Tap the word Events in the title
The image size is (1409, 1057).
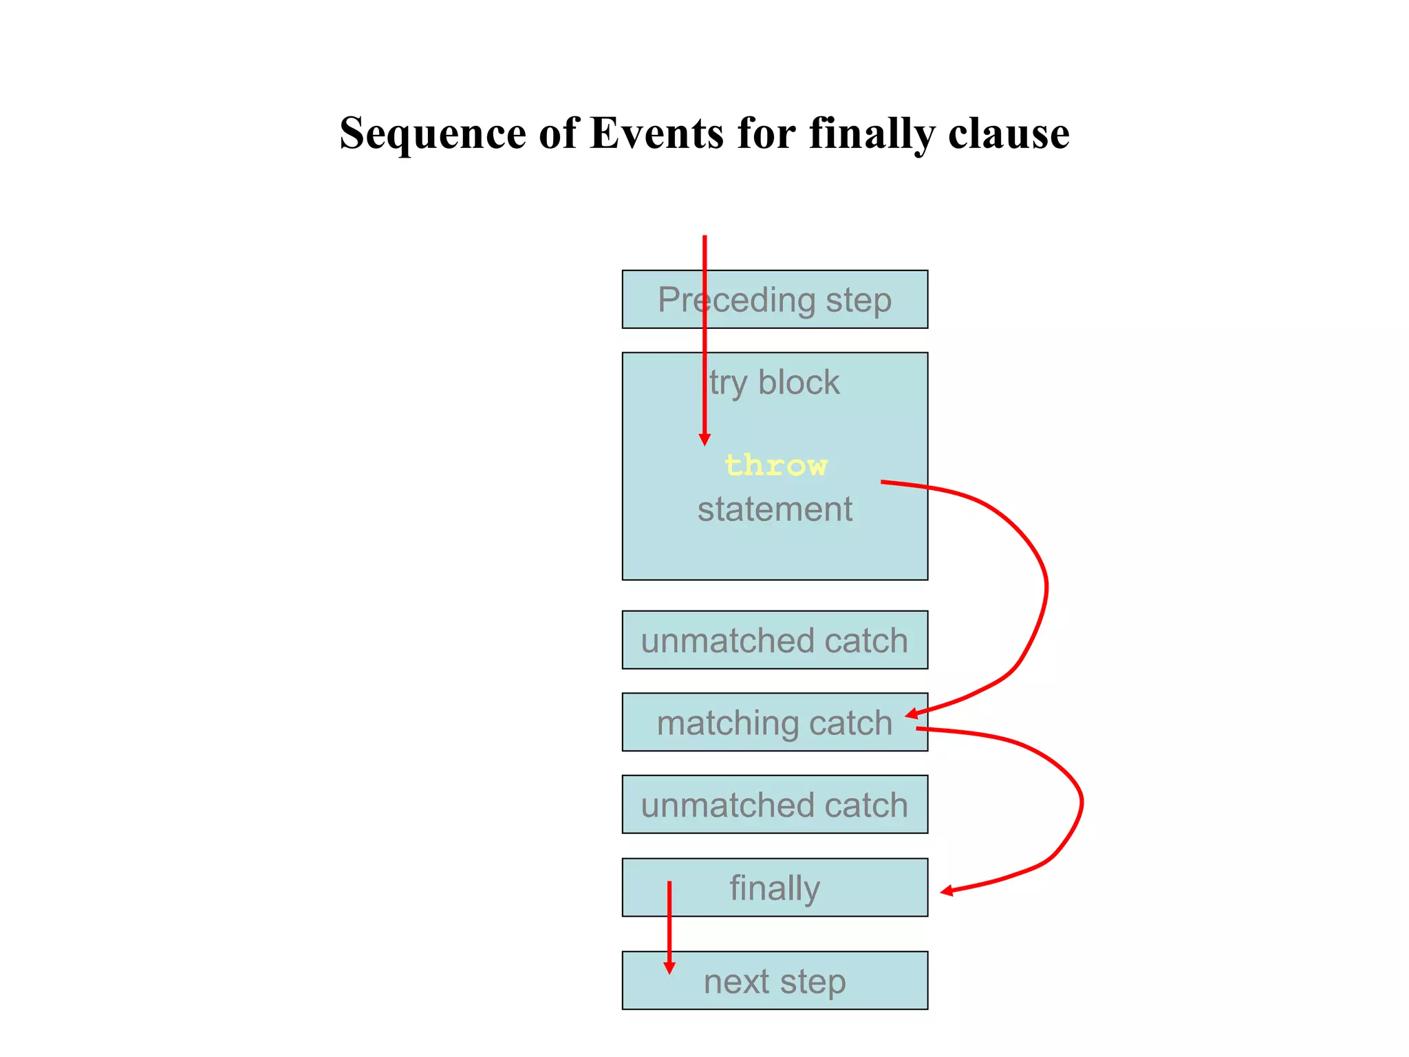tap(656, 133)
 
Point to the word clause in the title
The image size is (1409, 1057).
tap(1009, 133)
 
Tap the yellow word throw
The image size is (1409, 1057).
tap(775, 466)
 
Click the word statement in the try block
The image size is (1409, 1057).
tap(775, 510)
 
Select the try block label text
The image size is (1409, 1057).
tap(775, 383)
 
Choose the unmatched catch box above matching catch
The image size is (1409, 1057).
tap(775, 640)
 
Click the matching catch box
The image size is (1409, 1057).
tap(775, 723)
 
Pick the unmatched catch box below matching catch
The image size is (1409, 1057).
tap(775, 804)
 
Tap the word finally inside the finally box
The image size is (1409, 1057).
tap(775, 888)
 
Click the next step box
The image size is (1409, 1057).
tap(775, 981)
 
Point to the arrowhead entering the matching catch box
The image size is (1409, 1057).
tap(912, 714)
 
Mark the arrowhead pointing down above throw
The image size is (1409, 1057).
tap(704, 440)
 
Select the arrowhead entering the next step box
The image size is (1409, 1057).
tap(669, 968)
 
